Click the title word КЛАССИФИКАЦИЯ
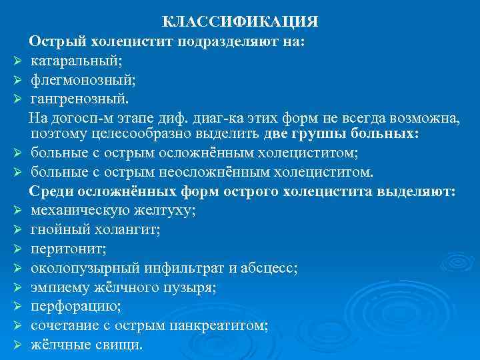(241, 23)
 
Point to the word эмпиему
(61, 287)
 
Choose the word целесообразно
(130, 135)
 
